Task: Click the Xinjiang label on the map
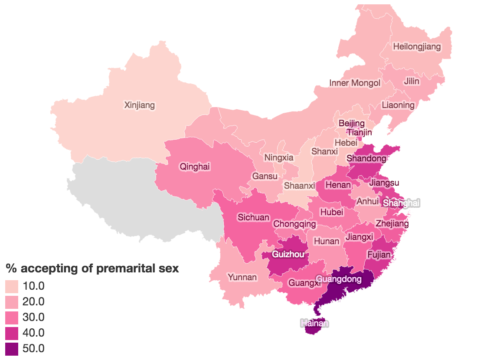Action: click(139, 105)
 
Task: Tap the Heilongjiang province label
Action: click(416, 46)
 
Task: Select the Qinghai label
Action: click(195, 167)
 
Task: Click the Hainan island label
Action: click(315, 323)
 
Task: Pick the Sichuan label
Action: click(253, 217)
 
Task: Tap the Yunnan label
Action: click(242, 277)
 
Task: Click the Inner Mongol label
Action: click(355, 83)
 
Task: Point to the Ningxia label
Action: click(279, 157)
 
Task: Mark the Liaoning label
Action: click(398, 105)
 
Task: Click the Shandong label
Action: click(366, 159)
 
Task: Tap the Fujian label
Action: click(379, 255)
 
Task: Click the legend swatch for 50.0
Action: click(12, 349)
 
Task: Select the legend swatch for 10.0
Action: click(12, 286)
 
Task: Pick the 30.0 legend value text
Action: click(33, 317)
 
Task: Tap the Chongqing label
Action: click(294, 224)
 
